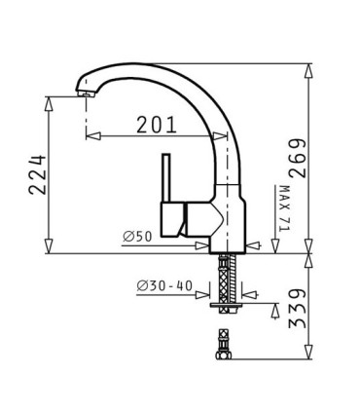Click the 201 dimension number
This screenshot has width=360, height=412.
tap(157, 125)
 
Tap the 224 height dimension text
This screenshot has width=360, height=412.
tap(38, 174)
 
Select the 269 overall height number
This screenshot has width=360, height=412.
tap(297, 158)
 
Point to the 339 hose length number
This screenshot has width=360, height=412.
tap(297, 308)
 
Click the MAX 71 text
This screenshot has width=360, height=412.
tap(284, 208)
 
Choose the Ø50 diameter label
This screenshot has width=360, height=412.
tap(137, 237)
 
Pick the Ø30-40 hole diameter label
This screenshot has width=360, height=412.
tap(164, 286)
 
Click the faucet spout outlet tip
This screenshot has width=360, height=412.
tap(86, 94)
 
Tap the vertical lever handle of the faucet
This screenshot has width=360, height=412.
tap(166, 177)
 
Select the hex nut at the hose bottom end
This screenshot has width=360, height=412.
tap(224, 355)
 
